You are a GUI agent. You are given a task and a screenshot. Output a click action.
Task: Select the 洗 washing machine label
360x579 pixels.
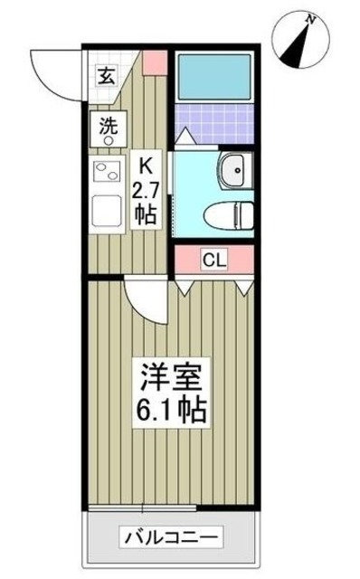tap(108, 125)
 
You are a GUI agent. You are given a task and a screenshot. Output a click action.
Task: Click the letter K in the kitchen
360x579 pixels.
tap(144, 165)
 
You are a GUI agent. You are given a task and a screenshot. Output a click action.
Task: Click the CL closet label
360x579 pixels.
tap(213, 261)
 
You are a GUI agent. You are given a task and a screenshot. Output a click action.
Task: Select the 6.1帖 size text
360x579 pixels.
tap(173, 409)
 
